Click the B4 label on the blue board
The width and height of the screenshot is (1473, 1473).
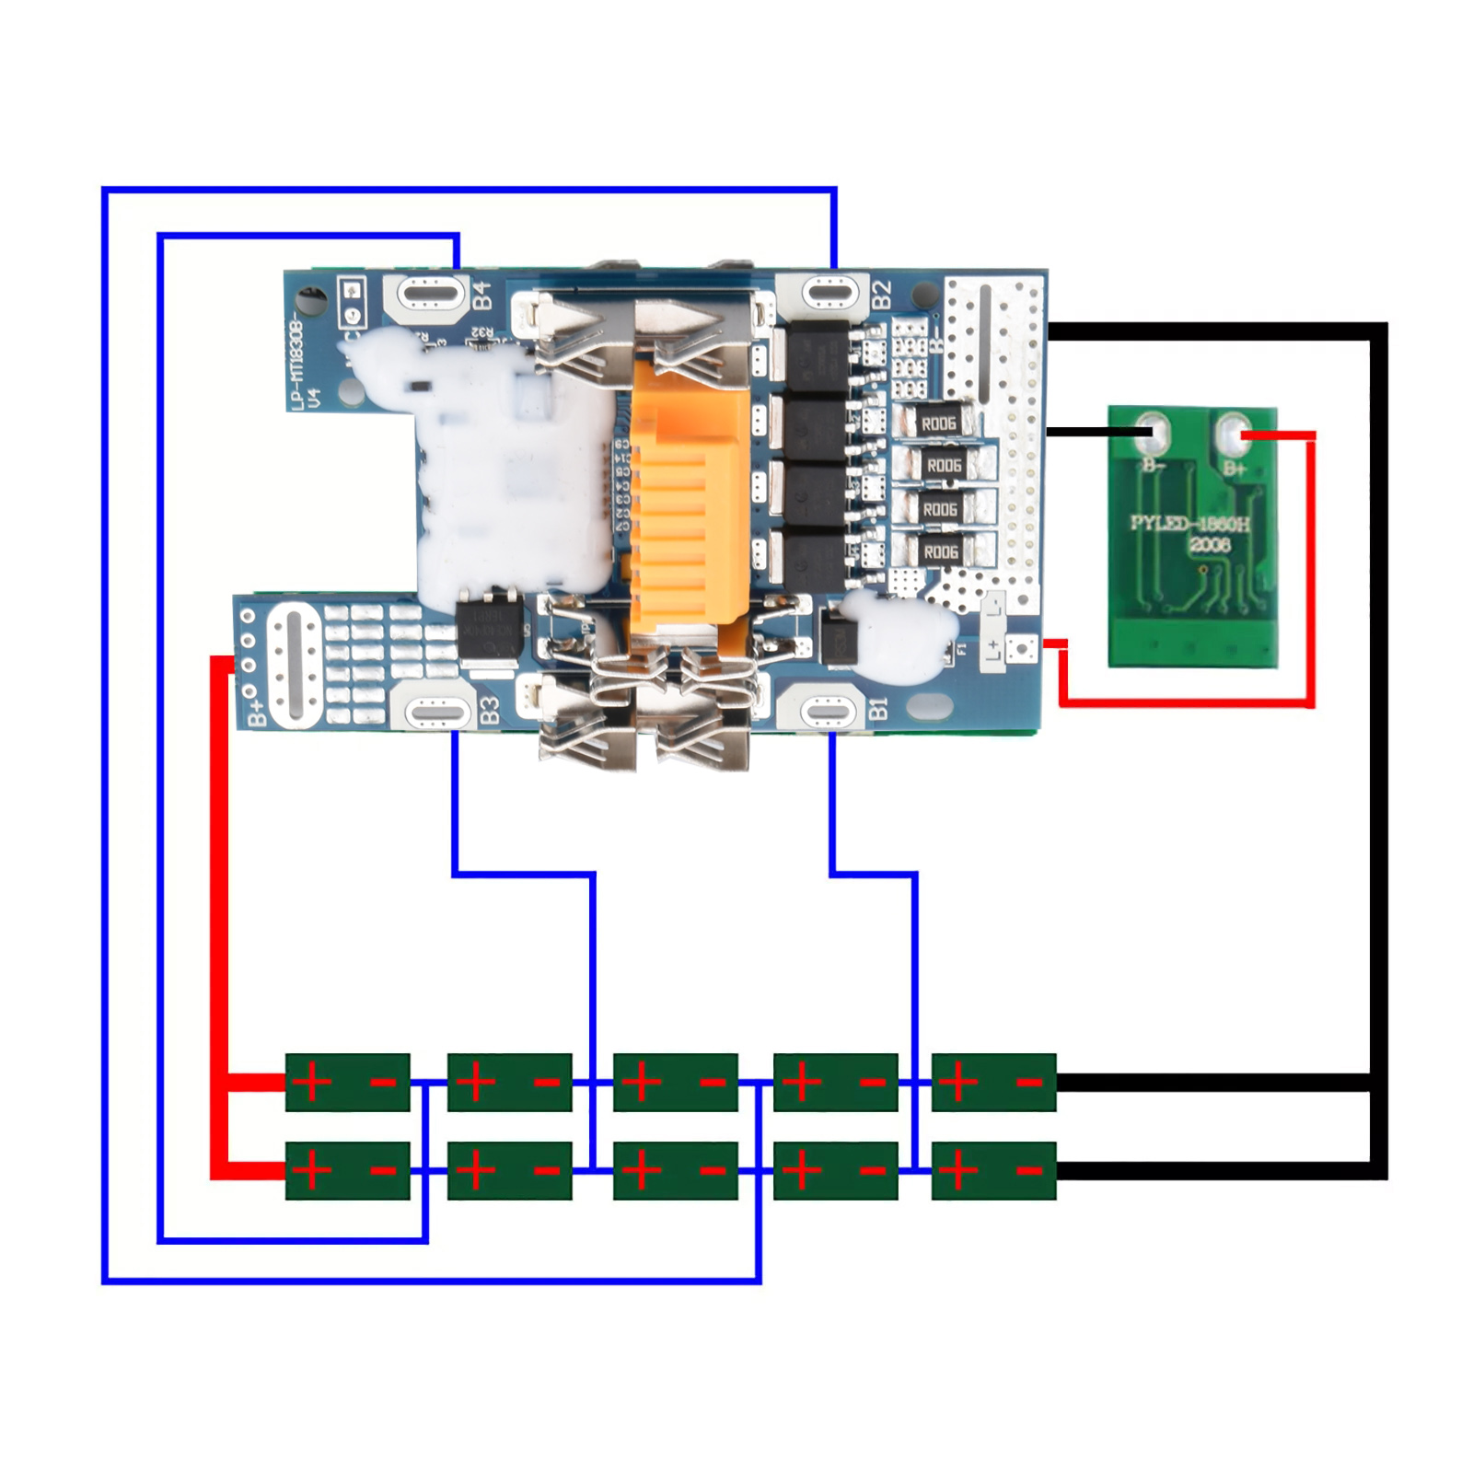pyautogui.click(x=482, y=296)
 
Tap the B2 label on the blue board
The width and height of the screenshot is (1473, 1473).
pyautogui.click(x=881, y=294)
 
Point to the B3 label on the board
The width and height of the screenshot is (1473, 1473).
pyautogui.click(x=490, y=710)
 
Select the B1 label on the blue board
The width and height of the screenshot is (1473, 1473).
pyautogui.click(x=879, y=708)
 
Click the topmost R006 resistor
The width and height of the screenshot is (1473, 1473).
pyautogui.click(x=938, y=423)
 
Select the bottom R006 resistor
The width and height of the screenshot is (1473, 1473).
pyautogui.click(x=940, y=551)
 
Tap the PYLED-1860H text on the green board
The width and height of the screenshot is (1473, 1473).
pyautogui.click(x=1190, y=525)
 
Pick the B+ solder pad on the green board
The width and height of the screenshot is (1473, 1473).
pyautogui.click(x=1233, y=435)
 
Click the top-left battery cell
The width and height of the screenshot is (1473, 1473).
pyautogui.click(x=347, y=1082)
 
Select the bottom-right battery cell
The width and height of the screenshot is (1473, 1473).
pyautogui.click(x=993, y=1170)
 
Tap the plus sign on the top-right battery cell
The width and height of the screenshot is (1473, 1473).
pyautogui.click(x=958, y=1082)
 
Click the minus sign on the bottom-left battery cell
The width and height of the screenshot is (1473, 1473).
pyautogui.click(x=383, y=1171)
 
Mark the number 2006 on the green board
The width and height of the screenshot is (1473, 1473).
pyautogui.click(x=1209, y=545)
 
